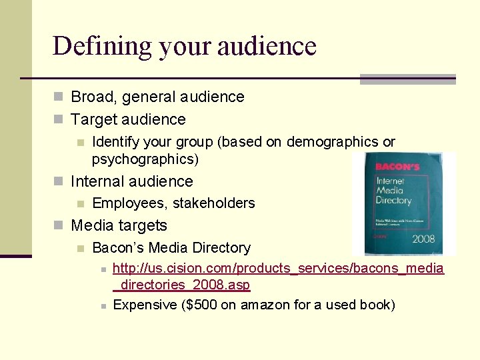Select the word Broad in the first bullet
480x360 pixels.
click(91, 97)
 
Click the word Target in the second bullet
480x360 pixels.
click(93, 119)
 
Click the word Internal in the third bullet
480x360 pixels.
click(98, 181)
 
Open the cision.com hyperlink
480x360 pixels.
click(278, 269)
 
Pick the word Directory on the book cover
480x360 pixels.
click(393, 200)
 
